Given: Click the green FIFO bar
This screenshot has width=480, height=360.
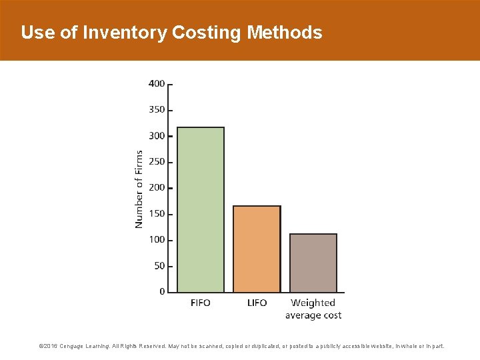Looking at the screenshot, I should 201,209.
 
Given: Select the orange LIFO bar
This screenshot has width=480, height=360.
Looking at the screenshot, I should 257,249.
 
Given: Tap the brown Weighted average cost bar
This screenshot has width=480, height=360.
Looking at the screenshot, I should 313,263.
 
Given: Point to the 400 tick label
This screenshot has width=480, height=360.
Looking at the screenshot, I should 157,84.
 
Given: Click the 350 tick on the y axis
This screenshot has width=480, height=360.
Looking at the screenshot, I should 157,110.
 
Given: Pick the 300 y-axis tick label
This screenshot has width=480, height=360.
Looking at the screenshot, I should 157,136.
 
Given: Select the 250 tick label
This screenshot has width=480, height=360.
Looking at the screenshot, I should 157,162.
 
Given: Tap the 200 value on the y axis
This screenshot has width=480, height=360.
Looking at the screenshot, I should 157,188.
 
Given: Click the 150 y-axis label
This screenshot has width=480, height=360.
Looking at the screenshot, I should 157,214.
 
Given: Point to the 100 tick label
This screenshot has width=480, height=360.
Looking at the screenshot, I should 157,240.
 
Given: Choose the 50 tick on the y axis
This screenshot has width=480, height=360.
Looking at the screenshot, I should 159,266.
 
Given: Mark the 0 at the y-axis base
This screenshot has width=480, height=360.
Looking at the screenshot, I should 162,292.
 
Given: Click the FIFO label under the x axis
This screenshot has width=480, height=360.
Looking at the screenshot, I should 200,303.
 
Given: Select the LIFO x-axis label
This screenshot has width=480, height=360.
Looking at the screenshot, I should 257,303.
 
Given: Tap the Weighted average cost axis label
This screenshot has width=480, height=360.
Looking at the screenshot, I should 313,309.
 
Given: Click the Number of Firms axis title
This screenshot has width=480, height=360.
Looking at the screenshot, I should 139,189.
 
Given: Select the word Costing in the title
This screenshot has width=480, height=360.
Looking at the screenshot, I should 207,33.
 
